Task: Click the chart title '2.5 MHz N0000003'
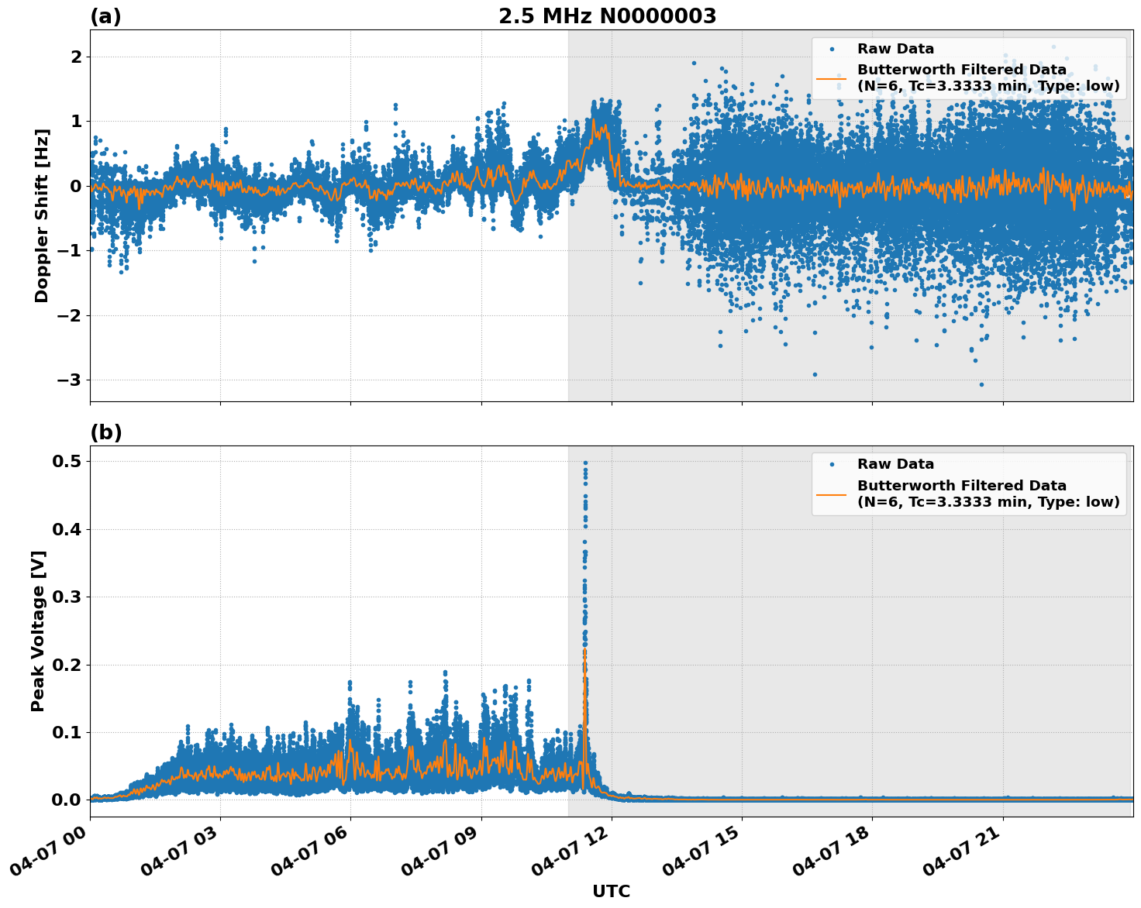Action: click(x=607, y=16)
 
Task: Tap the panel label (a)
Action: click(x=105, y=16)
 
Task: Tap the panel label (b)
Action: click(x=105, y=432)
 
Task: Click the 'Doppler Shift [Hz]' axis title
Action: click(x=42, y=215)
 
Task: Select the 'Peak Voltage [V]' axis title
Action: click(x=38, y=631)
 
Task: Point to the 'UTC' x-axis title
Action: click(x=611, y=891)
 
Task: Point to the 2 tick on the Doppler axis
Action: click(x=76, y=57)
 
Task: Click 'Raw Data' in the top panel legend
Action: click(x=895, y=49)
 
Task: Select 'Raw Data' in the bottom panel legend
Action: click(x=895, y=464)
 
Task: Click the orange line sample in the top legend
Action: click(x=831, y=78)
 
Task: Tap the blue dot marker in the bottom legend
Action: click(x=831, y=464)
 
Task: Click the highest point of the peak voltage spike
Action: click(x=585, y=463)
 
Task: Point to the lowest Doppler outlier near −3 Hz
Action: click(x=981, y=384)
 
